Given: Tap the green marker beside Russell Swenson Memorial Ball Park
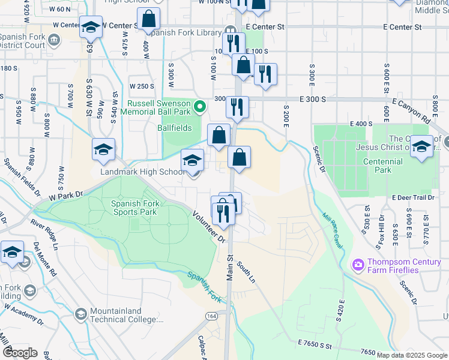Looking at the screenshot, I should click(x=202, y=108).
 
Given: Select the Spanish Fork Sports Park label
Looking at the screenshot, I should click(x=134, y=208).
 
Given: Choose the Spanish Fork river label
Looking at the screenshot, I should click(x=205, y=286).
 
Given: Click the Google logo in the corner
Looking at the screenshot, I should click(x=20, y=353).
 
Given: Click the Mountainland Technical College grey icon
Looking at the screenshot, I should click(x=80, y=314).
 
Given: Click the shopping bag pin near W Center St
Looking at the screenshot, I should click(x=148, y=19).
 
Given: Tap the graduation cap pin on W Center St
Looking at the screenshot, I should click(x=91, y=27).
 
